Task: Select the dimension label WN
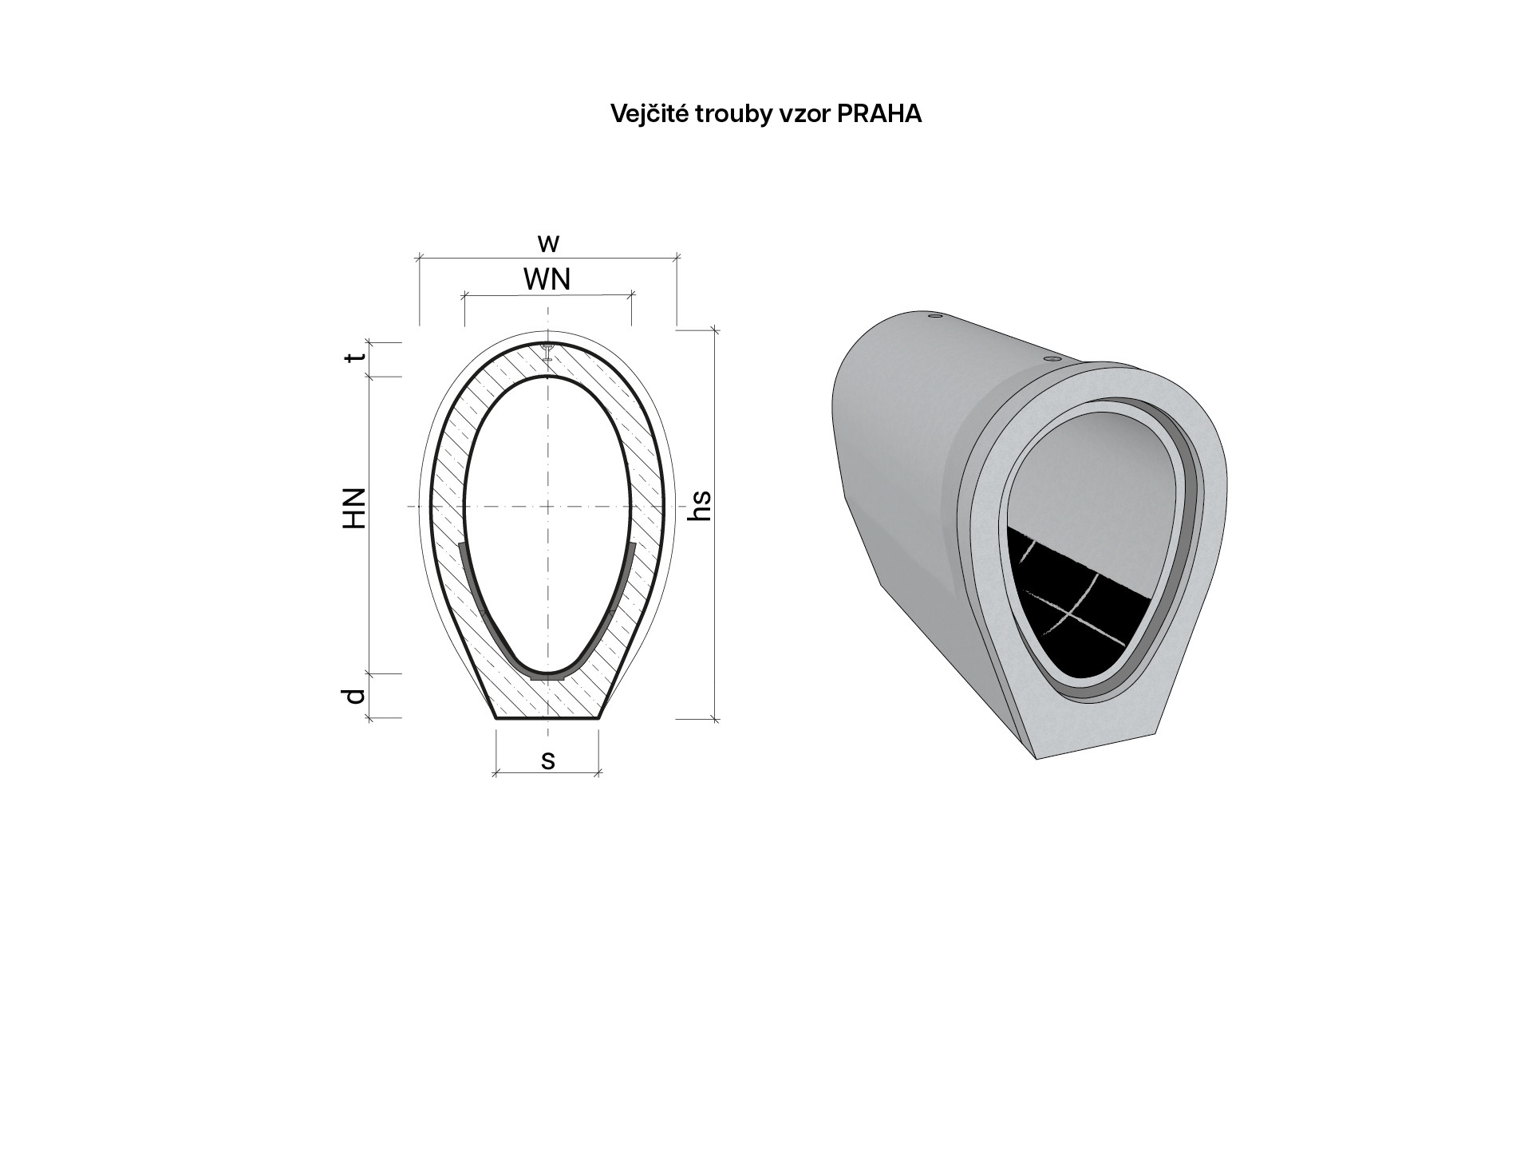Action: (547, 279)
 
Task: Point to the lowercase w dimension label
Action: (547, 243)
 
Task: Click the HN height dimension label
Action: (353, 507)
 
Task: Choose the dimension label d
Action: (356, 696)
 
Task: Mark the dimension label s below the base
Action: (547, 760)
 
